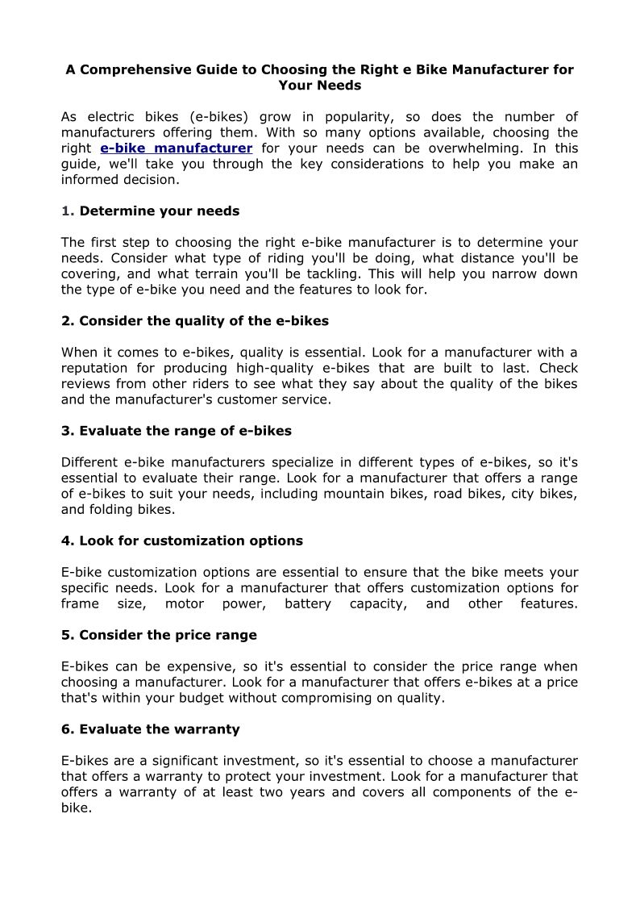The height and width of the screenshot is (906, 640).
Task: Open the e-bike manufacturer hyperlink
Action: coord(177,148)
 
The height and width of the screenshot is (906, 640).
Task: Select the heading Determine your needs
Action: coord(160,211)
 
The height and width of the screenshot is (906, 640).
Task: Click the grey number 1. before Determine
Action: coord(68,211)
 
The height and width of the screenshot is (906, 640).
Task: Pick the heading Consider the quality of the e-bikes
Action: coord(195,321)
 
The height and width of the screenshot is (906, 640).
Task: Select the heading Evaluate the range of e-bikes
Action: coord(177,431)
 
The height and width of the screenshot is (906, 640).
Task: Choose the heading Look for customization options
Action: coord(182,541)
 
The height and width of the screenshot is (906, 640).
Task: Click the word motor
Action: coord(185,603)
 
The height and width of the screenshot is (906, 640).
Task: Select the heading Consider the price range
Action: coord(159,635)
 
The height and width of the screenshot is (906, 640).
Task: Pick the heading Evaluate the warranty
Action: coord(151,729)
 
